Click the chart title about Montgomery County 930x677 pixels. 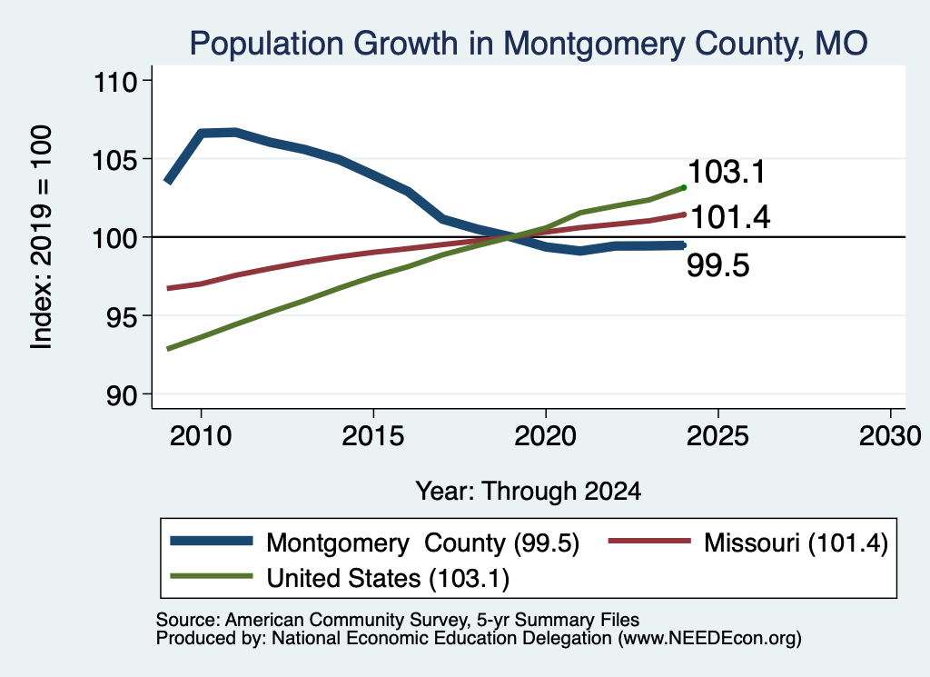[529, 44]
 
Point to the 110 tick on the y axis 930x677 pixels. [115, 81]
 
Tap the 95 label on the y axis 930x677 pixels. [122, 316]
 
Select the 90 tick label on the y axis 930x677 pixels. [122, 395]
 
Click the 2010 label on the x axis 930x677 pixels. [201, 436]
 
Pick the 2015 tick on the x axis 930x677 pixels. [373, 436]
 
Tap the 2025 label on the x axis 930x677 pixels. [717, 436]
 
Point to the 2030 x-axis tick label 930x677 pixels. [890, 436]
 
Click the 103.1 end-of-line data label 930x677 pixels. [727, 172]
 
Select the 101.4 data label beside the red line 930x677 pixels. [730, 216]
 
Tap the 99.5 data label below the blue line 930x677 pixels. [718, 265]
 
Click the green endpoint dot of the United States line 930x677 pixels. [684, 187]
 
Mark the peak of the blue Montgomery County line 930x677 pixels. [235, 132]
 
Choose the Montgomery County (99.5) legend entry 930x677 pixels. [375, 543]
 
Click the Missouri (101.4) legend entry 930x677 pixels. [748, 543]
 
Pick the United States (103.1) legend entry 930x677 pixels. [340, 578]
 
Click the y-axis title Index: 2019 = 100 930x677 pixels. [42, 237]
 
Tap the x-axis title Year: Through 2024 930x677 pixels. [528, 492]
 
